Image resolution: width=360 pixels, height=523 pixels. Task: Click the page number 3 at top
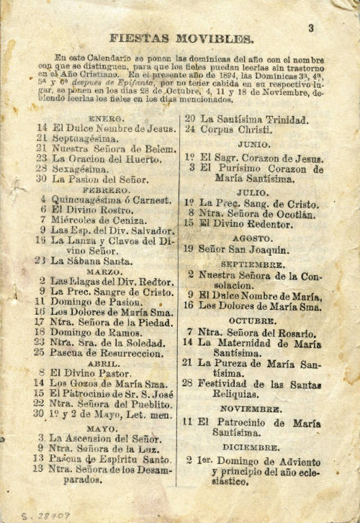pos(311,29)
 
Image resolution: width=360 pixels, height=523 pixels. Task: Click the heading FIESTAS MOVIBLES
pos(181,39)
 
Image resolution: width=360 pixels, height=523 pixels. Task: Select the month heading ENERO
pos(105,118)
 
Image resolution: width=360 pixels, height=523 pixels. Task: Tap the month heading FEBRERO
pos(106,190)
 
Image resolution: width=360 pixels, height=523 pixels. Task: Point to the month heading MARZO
pos(104,272)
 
